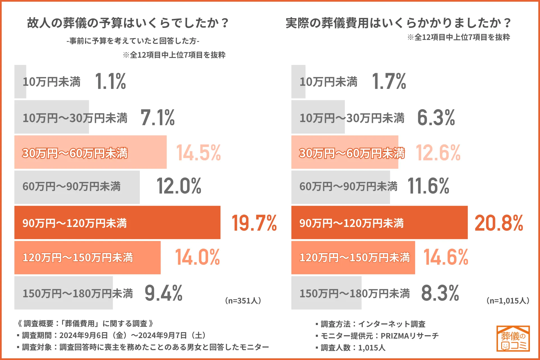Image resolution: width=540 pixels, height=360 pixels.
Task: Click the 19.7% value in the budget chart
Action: (x=254, y=223)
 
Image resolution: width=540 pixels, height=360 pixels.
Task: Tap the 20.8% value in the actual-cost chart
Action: (x=499, y=223)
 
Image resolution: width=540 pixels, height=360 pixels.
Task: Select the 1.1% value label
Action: (x=110, y=81)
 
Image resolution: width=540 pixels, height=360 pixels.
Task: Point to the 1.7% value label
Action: (x=389, y=81)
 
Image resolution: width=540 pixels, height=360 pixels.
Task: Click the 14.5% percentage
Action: (x=198, y=153)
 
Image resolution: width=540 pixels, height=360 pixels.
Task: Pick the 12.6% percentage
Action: (x=438, y=153)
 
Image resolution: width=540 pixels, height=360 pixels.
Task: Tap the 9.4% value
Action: (x=163, y=293)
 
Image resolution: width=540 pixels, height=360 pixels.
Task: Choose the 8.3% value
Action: (x=440, y=293)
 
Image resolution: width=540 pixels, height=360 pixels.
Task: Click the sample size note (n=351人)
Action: (x=243, y=301)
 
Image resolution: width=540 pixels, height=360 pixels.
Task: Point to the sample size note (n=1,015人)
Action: (x=508, y=301)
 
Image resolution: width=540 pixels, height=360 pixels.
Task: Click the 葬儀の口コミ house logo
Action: (x=513, y=339)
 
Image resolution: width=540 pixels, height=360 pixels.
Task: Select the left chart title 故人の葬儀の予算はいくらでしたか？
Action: (x=128, y=23)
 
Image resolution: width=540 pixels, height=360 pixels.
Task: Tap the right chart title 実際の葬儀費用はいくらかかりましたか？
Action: (x=398, y=23)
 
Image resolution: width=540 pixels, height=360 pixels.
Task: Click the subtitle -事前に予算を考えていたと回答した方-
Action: (x=133, y=41)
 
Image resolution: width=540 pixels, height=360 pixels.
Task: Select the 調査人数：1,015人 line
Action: (x=353, y=348)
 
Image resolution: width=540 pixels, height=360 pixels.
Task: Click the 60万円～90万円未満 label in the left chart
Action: (x=71, y=187)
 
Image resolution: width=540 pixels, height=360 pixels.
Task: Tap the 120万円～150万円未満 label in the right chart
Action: (x=354, y=258)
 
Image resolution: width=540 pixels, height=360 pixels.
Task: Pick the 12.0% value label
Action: (x=179, y=186)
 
